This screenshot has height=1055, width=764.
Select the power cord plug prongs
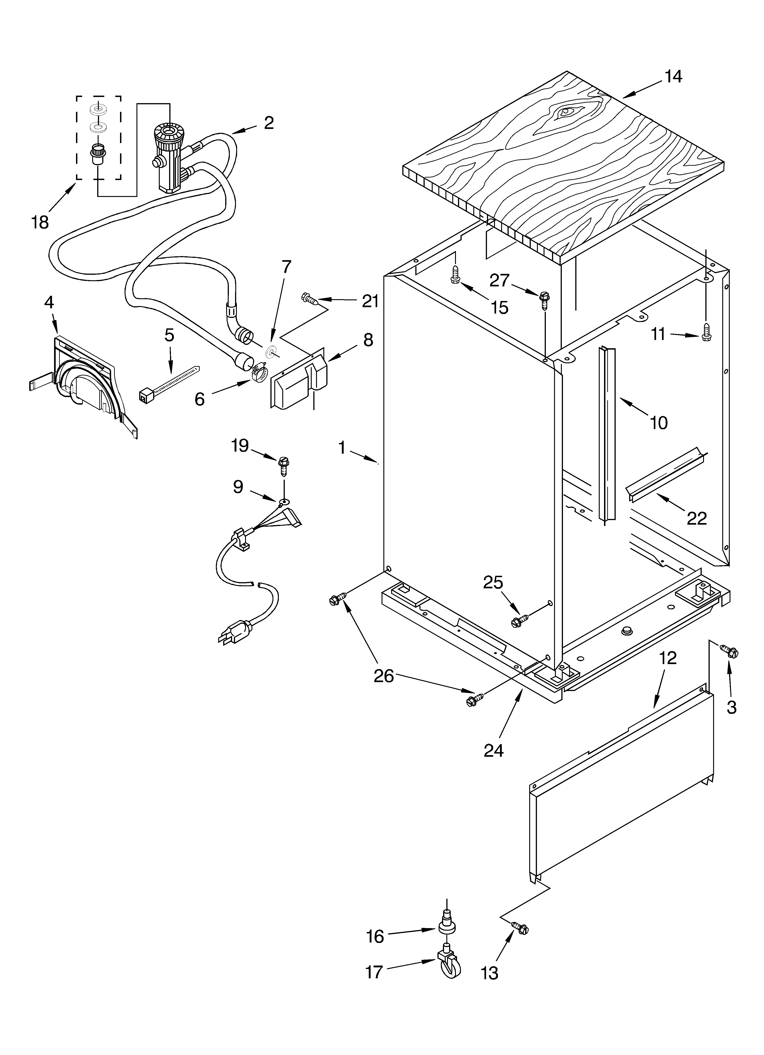227,639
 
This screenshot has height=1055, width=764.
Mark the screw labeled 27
544,299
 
